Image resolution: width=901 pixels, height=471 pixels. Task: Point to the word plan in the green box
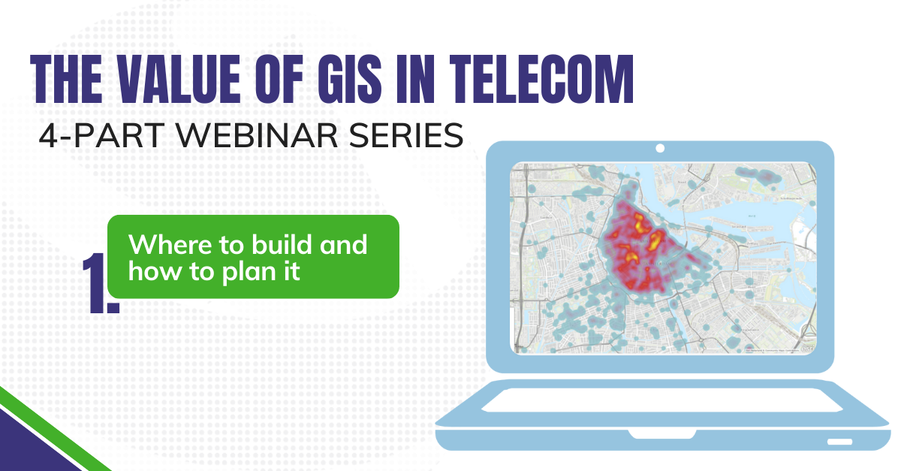point(249,272)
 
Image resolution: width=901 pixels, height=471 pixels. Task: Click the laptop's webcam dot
point(660,148)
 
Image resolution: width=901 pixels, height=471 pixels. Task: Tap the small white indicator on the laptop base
point(839,440)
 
